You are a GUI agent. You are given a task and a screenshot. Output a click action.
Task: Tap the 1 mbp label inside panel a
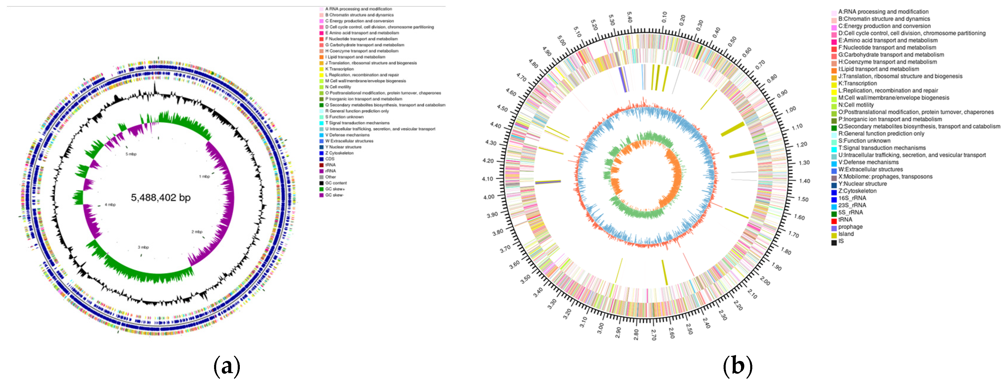click(x=204, y=177)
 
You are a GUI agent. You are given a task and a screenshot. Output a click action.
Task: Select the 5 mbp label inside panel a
click(x=131, y=154)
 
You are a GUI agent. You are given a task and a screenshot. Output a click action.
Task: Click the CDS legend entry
click(x=330, y=159)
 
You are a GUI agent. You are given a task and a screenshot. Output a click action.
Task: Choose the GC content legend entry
click(x=336, y=183)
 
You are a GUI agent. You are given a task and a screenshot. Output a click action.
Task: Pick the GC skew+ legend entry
click(x=335, y=189)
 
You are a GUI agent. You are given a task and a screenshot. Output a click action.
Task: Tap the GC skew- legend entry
click(x=334, y=195)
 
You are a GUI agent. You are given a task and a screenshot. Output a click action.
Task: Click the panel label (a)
click(x=227, y=366)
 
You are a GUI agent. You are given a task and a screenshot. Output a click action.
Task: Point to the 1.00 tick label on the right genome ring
click(x=790, y=110)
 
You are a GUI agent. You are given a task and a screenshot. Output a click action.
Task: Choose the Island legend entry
click(x=846, y=234)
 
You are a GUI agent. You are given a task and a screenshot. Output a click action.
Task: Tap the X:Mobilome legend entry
click(x=885, y=177)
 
